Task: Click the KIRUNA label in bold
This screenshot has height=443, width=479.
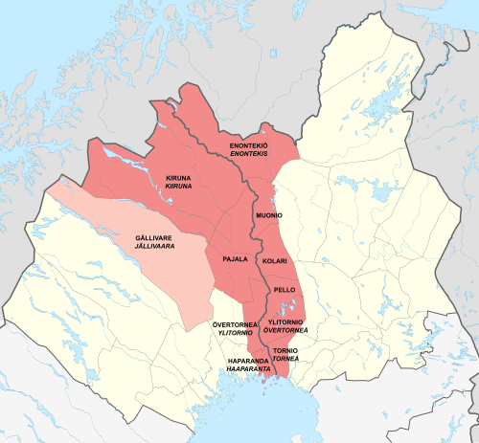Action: coord(179,178)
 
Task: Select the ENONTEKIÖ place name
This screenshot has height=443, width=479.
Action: coord(248,145)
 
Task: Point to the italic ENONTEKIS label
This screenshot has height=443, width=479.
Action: coord(248,153)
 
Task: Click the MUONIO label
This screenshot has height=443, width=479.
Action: coord(269,217)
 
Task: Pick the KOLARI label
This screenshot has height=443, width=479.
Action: coord(275,260)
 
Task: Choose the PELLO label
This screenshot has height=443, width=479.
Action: coord(284,289)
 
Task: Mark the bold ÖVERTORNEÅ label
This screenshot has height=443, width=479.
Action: coord(233,325)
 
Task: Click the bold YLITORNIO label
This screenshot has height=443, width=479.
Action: coord(285,322)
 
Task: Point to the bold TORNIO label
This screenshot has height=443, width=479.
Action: coord(285,351)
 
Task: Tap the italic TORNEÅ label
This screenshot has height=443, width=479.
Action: coord(285,359)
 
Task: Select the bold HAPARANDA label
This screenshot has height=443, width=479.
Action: coord(245,362)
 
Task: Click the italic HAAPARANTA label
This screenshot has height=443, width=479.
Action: coord(245,369)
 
